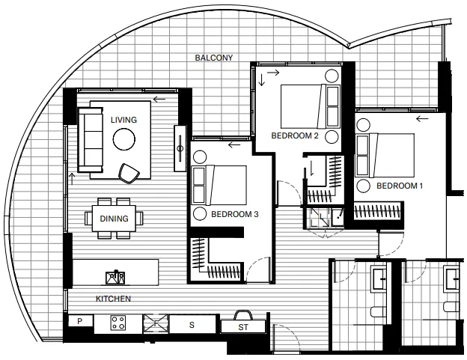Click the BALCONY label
pyautogui.click(x=213, y=58)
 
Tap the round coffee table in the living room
pyautogui.click(x=124, y=139)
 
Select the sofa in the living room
pyautogui.click(x=91, y=140)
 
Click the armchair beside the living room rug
pyautogui.click(x=129, y=173)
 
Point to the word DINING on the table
pyautogui.click(x=114, y=219)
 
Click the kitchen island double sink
pyautogui.click(x=115, y=278)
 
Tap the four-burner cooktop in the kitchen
pyautogui.click(x=118, y=323)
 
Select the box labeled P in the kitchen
pyautogui.click(x=80, y=321)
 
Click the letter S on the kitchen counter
pyautogui.click(x=192, y=325)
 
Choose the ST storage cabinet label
pyautogui.click(x=243, y=327)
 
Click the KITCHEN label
pyautogui.click(x=113, y=299)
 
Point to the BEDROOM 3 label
pyautogui.click(x=235, y=214)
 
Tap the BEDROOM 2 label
pyautogui.click(x=295, y=135)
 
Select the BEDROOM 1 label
pyautogui.click(x=400, y=186)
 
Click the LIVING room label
pyautogui.click(x=124, y=120)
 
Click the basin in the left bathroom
pyautogui.click(x=379, y=278)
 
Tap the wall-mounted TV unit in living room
pyautogui.click(x=180, y=148)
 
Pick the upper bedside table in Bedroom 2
pyautogui.click(x=332, y=76)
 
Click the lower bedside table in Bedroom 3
pyautogui.click(x=200, y=213)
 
